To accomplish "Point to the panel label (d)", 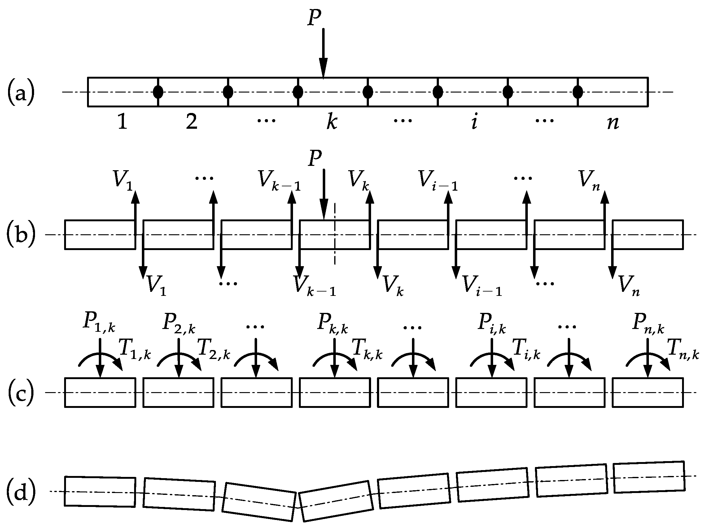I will coord(21,492).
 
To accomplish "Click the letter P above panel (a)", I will coord(314,17).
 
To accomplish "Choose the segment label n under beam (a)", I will coord(613,123).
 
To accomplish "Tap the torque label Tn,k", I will coord(683,349).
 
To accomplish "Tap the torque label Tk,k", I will coord(367,349).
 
